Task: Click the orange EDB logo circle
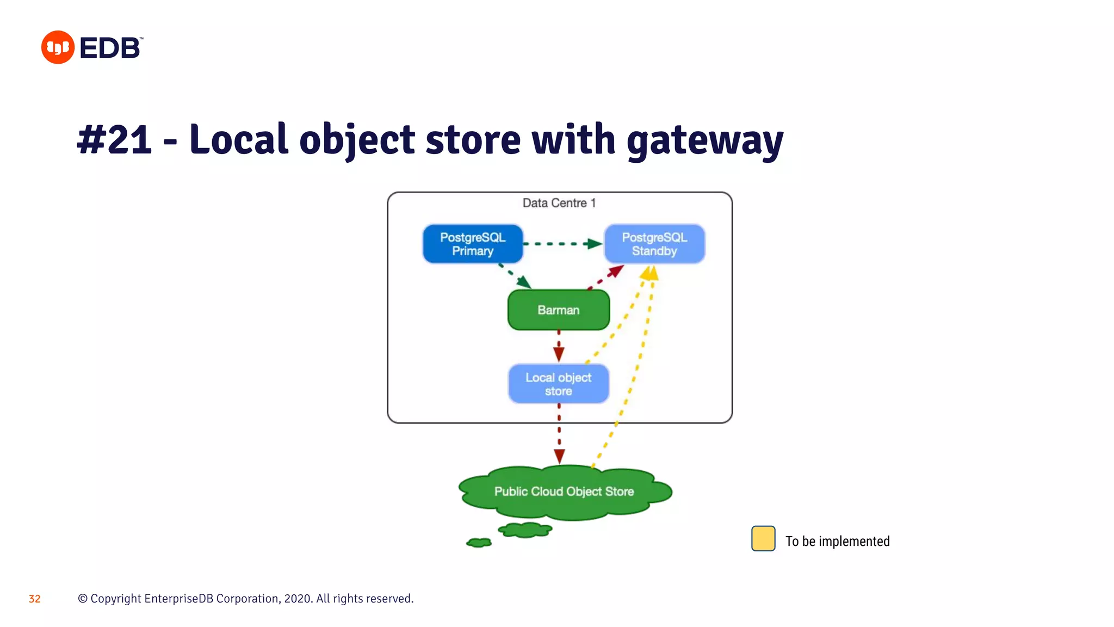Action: click(x=58, y=47)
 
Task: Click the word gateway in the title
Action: click(x=705, y=140)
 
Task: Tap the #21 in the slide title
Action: click(x=114, y=139)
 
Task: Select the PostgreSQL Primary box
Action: click(x=472, y=244)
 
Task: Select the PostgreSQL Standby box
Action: click(x=654, y=244)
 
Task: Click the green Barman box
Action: click(x=558, y=310)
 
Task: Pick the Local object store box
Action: click(x=558, y=384)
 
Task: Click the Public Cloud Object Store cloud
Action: click(x=564, y=491)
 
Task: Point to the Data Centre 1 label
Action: click(x=559, y=203)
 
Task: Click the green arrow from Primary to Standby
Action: click(x=563, y=244)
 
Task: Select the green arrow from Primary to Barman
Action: click(x=515, y=276)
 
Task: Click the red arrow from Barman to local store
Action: click(x=559, y=346)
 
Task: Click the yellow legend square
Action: click(x=763, y=538)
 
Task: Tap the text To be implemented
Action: click(x=837, y=541)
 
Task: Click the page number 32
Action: click(x=34, y=599)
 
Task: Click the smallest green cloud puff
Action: click(x=479, y=543)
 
